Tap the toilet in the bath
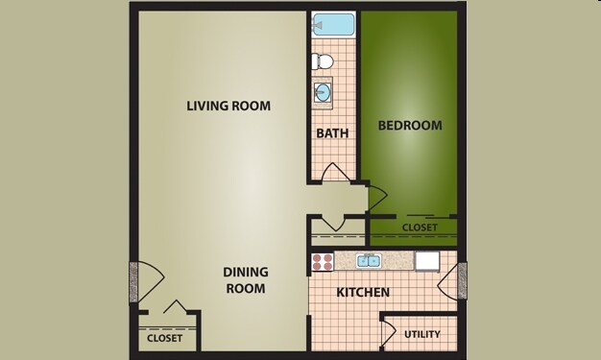click(x=325, y=61)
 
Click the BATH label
click(x=332, y=132)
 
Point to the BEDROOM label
click(x=410, y=126)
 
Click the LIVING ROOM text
click(x=228, y=106)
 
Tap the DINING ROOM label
click(x=245, y=279)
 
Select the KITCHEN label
click(x=362, y=292)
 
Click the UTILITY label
click(x=422, y=334)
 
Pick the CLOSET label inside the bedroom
click(x=420, y=228)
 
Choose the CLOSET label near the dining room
click(x=165, y=338)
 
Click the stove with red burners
click(x=322, y=261)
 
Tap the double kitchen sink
click(x=368, y=260)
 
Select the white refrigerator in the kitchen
click(x=426, y=260)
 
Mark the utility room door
click(x=388, y=332)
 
